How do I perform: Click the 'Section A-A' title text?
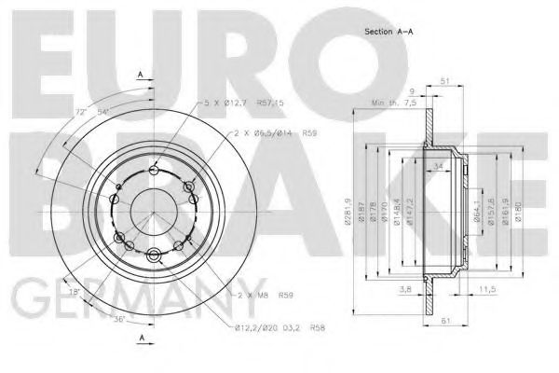coord(389,33)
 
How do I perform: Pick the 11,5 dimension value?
coord(485,290)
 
